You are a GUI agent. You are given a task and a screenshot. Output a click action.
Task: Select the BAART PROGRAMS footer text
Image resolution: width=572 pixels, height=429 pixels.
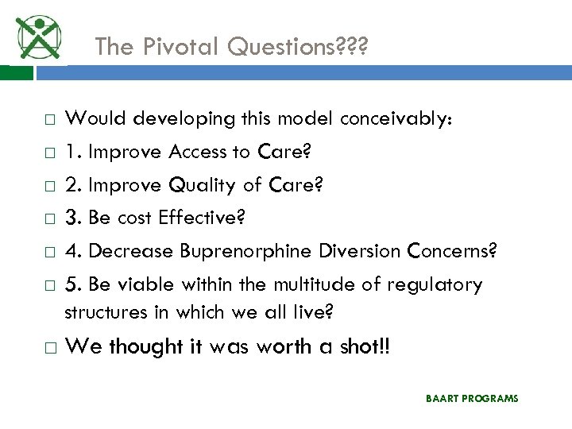pos(471,398)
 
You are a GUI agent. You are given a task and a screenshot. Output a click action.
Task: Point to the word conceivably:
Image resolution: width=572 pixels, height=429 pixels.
pos(396,118)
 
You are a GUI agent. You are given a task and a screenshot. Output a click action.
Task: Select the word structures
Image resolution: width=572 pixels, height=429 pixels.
pos(105,312)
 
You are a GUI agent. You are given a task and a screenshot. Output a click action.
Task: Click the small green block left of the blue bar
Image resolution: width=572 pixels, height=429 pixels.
pos(17,73)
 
